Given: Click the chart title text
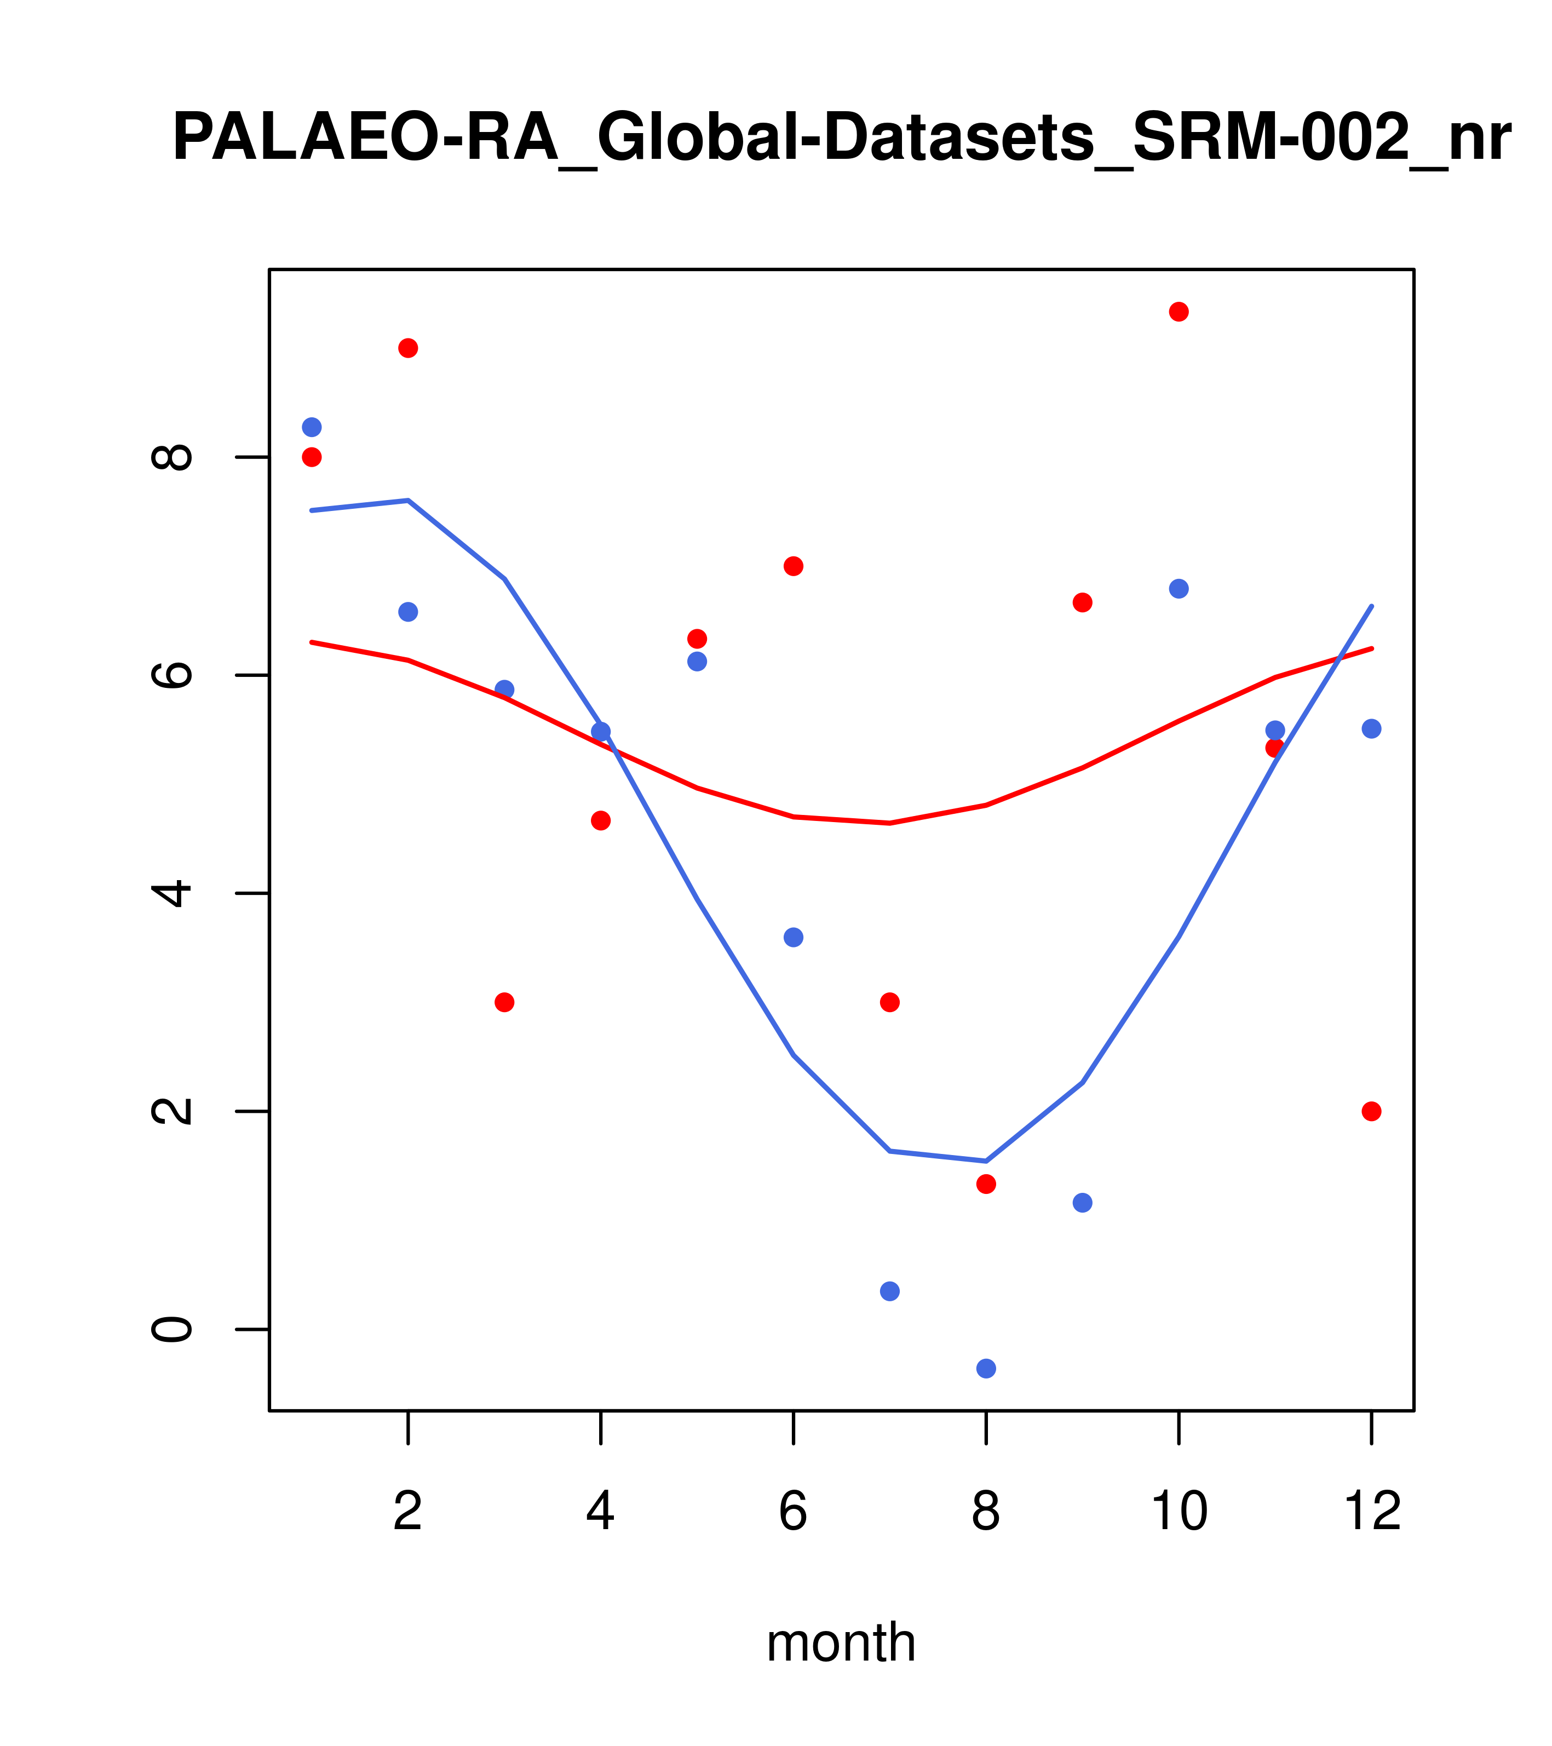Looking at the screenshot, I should tap(841, 139).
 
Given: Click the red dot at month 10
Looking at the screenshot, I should tap(1179, 312).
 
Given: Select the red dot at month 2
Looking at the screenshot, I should tap(409, 348).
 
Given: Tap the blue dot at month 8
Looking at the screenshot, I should tap(986, 1369).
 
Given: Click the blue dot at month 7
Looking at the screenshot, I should tap(889, 1291).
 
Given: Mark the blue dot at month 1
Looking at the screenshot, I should tap(312, 427).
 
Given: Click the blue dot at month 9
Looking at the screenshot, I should tap(1082, 1203).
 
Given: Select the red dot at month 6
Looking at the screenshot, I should tap(794, 566).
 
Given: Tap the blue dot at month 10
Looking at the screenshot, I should tap(1179, 589).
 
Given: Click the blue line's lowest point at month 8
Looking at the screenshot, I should tap(986, 1161).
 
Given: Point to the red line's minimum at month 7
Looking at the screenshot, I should tap(889, 824).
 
